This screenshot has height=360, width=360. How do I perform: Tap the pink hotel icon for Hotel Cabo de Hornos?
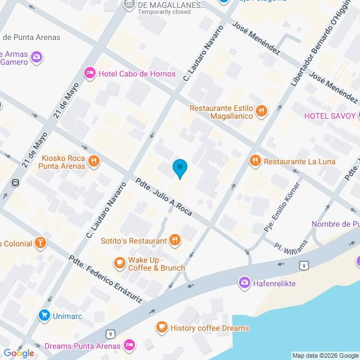[x=89, y=73]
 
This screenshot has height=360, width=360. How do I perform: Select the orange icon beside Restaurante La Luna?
[x=255, y=161]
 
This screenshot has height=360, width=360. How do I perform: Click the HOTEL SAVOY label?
[x=330, y=116]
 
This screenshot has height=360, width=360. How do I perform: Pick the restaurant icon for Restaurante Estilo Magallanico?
[x=260, y=111]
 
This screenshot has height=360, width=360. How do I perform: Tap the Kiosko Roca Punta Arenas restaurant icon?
[x=94, y=162]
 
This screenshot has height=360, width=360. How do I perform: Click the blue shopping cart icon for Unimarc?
[x=43, y=316]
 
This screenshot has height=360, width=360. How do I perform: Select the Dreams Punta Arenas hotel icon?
[x=129, y=344]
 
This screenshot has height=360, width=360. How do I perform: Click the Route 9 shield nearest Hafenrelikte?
[x=304, y=265]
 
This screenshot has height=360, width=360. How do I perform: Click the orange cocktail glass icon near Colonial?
[x=40, y=243]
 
